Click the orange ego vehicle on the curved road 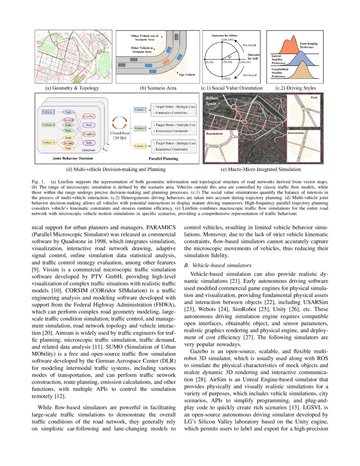point(166,62)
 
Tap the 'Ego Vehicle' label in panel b point(185,74)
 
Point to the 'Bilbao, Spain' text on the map point(212,100)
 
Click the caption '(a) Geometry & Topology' point(72,88)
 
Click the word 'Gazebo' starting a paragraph point(201,352)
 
